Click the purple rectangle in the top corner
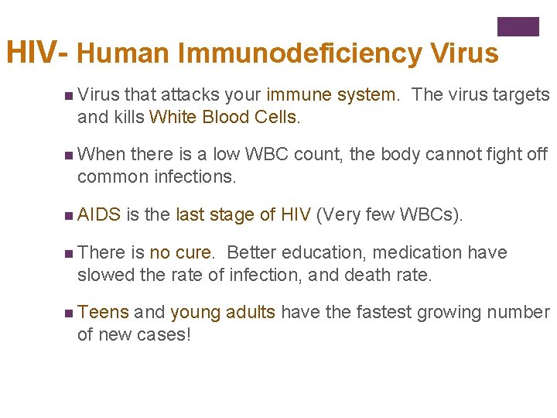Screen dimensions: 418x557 click(x=518, y=27)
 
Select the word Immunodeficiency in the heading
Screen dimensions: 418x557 click(x=299, y=53)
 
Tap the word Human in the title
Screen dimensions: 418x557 click(x=122, y=53)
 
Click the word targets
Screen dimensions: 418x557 click(x=522, y=95)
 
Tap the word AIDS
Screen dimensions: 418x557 click(x=100, y=214)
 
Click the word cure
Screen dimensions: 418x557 click(x=196, y=252)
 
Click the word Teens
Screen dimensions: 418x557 click(x=103, y=312)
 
